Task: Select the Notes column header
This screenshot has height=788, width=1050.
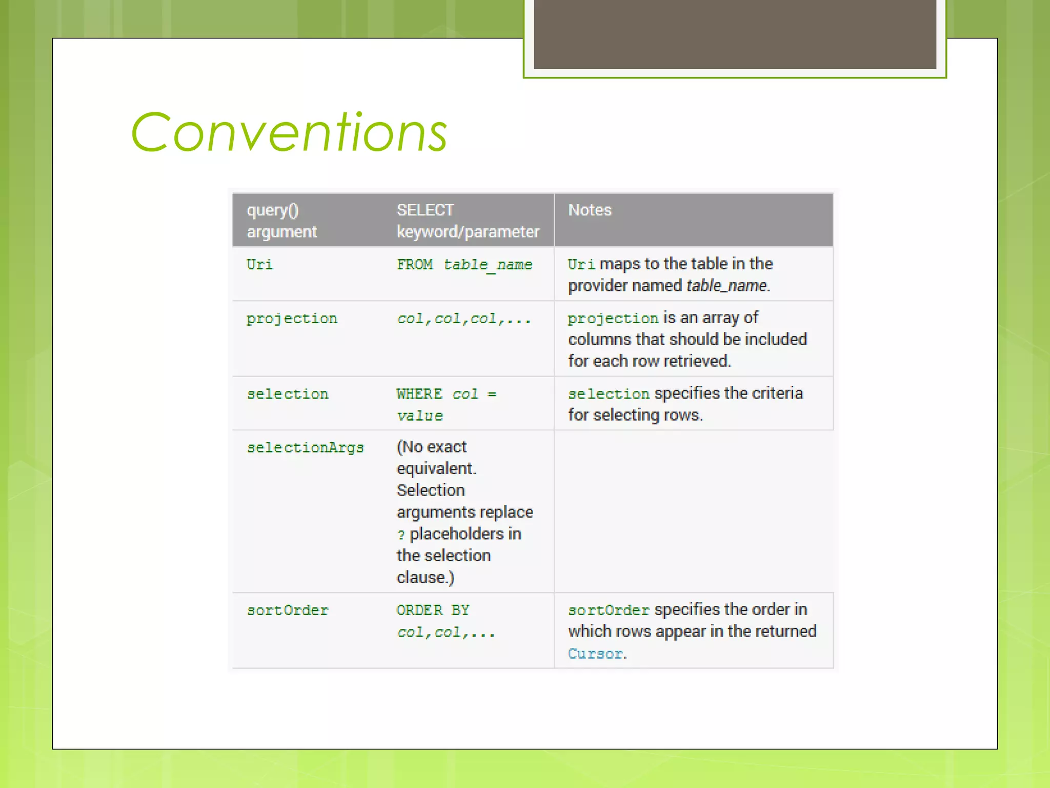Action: tap(590, 210)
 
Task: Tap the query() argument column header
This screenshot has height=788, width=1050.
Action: tap(281, 221)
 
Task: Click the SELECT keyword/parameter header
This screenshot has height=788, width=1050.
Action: tap(468, 221)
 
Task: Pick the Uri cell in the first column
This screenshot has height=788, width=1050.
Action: tap(259, 265)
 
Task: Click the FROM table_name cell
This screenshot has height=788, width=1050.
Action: tap(465, 265)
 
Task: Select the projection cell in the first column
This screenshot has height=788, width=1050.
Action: tap(292, 319)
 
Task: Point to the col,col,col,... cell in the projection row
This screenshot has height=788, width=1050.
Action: tap(463, 319)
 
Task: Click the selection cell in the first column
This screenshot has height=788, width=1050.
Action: tap(288, 394)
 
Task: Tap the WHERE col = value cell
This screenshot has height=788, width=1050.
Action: tap(446, 405)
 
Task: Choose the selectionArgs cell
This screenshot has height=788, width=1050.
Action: tap(305, 448)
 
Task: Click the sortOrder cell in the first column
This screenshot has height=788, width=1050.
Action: tap(288, 610)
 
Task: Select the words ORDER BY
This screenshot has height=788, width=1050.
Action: tap(433, 610)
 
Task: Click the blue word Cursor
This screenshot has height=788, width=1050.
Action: tap(596, 654)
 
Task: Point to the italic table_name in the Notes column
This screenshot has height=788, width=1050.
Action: tap(726, 286)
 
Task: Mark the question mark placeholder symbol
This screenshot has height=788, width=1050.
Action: tap(401, 535)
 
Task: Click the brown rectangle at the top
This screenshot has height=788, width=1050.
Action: tap(735, 34)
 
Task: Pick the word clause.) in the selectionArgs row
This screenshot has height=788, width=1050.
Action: tap(426, 578)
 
